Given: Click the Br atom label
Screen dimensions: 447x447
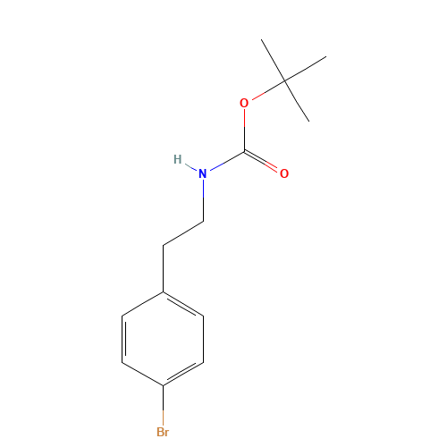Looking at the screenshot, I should [x=162, y=432].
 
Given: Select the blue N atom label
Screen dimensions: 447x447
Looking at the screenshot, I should [x=202, y=172].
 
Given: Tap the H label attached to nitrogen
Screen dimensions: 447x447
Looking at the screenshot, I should [x=177, y=160].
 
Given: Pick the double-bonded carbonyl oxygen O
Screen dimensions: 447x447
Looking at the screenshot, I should [x=284, y=173].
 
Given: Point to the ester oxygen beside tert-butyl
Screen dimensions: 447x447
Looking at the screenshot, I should [x=244, y=102].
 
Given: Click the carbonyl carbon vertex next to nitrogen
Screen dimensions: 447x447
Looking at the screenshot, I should [x=244, y=149].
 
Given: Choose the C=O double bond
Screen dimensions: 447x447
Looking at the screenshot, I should [x=264, y=162].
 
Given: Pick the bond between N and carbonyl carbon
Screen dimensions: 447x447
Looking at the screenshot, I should [x=223, y=160].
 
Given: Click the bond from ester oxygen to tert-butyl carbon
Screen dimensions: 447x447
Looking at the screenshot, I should [x=265, y=91].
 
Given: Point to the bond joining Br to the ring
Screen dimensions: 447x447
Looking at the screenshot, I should [x=163, y=406].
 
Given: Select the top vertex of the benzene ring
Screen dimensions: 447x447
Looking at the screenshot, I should [x=163, y=291].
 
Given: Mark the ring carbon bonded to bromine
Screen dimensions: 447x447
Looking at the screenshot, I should [x=163, y=386].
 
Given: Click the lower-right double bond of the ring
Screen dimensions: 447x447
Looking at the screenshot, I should [x=183, y=374].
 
